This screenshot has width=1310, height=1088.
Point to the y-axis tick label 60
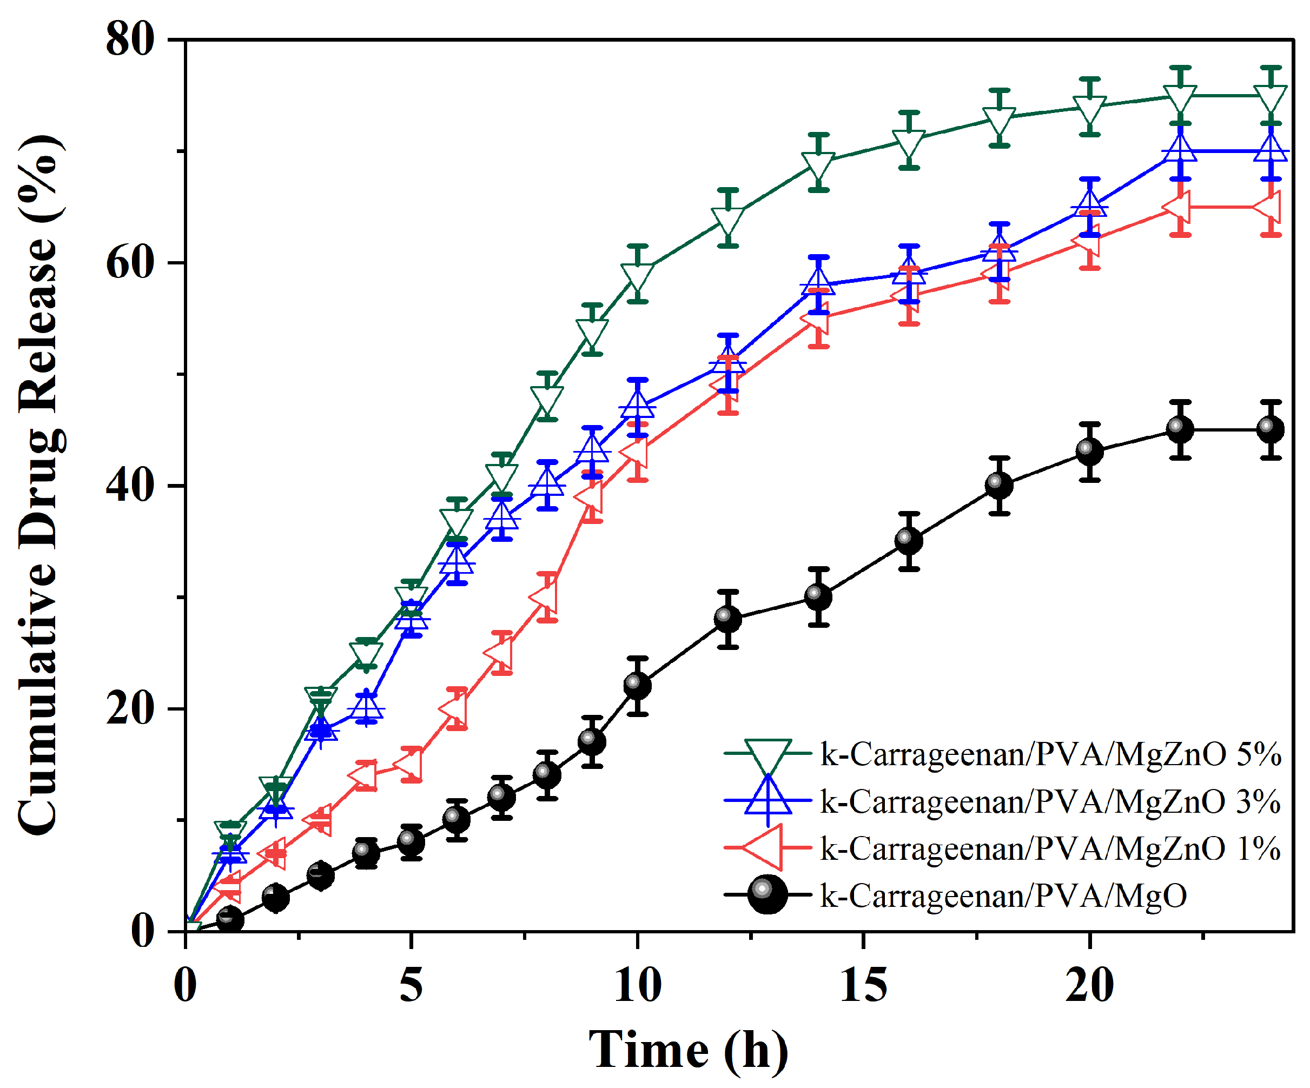(130, 262)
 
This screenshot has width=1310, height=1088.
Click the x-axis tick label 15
(863, 985)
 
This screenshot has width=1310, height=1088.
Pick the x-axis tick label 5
(411, 985)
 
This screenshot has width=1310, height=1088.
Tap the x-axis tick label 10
(638, 985)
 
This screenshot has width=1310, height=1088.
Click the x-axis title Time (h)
(689, 1050)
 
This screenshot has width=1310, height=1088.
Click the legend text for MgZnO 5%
(1050, 754)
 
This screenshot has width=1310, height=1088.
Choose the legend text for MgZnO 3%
(1050, 801)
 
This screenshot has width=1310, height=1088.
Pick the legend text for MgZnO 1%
(1050, 848)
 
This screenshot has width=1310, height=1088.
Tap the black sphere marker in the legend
(768, 895)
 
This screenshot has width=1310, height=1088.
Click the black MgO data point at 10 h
(638, 686)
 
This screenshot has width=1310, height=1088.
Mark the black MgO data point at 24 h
(1271, 429)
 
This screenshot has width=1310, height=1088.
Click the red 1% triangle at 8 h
(545, 596)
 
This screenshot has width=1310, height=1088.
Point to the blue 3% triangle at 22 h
(1180, 150)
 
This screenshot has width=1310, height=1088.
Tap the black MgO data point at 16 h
(909, 541)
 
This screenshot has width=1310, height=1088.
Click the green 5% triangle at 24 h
(1271, 98)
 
